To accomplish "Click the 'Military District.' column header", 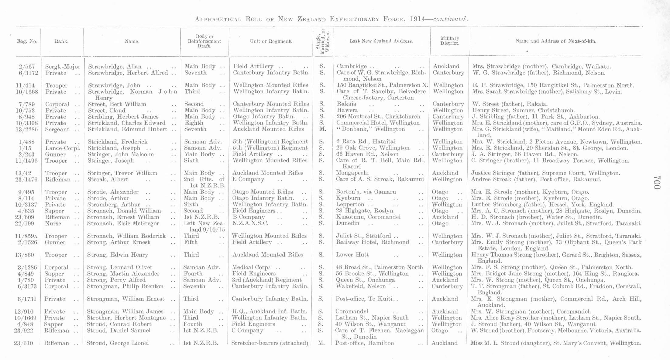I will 450,41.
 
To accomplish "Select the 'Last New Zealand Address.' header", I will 381,41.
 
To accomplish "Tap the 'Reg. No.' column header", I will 27,41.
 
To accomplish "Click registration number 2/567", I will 26,67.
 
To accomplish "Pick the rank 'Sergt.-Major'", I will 63,67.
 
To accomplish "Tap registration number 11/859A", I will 26,236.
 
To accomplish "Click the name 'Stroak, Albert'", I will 108,179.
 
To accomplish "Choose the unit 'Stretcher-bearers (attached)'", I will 270,343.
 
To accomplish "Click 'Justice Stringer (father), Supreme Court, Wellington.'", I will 545,173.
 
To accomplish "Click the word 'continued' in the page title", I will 450,19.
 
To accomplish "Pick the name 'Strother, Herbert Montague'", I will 126,318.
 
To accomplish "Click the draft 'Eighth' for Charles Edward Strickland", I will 194,123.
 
